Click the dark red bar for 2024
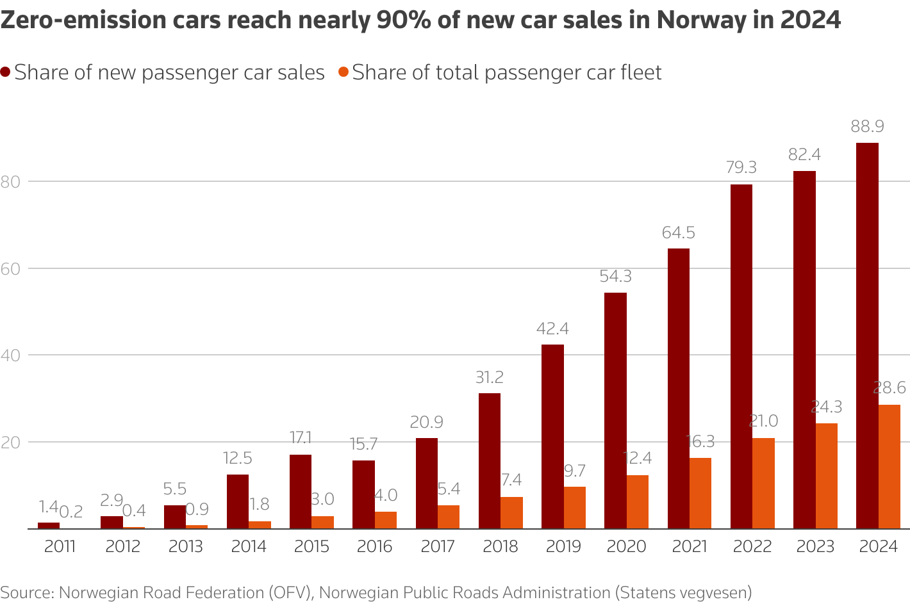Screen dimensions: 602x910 pyautogui.click(x=867, y=336)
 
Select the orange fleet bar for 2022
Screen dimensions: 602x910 pyautogui.click(x=763, y=484)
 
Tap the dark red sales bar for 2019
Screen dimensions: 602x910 pyautogui.click(x=552, y=437)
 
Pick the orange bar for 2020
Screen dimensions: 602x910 pyautogui.click(x=638, y=502)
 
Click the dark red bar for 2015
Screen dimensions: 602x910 pyautogui.click(x=301, y=492)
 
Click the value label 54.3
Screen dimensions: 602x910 pyautogui.click(x=615, y=277)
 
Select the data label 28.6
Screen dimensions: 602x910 pyautogui.click(x=889, y=388)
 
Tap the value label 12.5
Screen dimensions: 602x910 pyautogui.click(x=238, y=459)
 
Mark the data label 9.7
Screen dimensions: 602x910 pyautogui.click(x=574, y=471)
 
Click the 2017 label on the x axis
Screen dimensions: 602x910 pyautogui.click(x=438, y=547)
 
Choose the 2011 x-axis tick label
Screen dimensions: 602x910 pyautogui.click(x=60, y=547)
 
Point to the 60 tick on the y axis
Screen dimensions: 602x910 pyautogui.click(x=11, y=268)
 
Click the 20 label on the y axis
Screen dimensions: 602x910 pyautogui.click(x=11, y=442)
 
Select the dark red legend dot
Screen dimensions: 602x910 pyautogui.click(x=6, y=72)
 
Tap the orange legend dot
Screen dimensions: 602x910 pyautogui.click(x=343, y=72)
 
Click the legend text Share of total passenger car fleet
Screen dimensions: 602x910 pyautogui.click(x=506, y=72)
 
